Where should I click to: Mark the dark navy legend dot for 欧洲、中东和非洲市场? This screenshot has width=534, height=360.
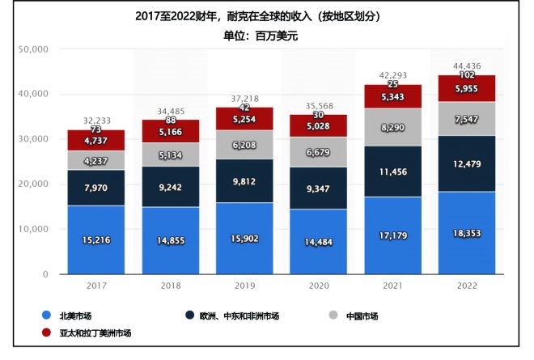coord(189,316)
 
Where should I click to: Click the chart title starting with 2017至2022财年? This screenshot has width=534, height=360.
coord(266,16)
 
